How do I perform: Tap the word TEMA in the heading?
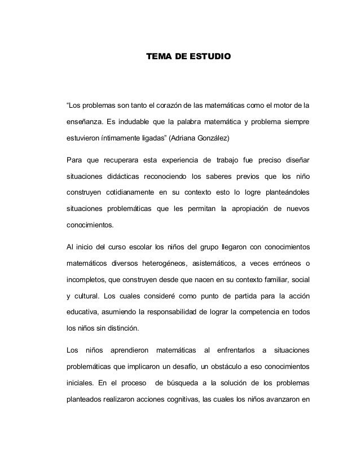pos(158,58)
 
